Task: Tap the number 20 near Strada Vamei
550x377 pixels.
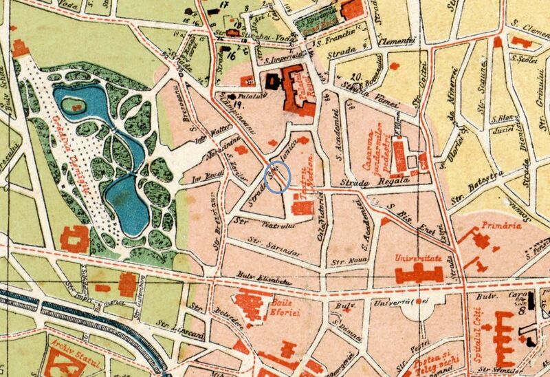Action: pos(355,76)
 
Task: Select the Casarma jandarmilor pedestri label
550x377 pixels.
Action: pos(377,151)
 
